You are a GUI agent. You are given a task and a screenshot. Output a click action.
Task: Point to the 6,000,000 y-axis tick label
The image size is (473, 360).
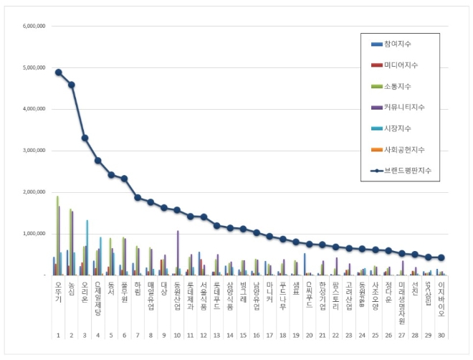coord(34,26)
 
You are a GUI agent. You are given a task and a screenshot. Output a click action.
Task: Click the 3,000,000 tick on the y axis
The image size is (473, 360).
coord(34,151)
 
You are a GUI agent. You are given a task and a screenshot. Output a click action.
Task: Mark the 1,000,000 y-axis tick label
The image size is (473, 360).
coord(34,234)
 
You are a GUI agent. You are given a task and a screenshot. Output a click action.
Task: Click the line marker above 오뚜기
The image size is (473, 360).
coord(58,72)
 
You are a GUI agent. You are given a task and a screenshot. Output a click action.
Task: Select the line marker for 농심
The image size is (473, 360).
coord(72,85)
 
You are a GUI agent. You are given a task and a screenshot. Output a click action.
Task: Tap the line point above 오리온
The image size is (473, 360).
coord(85,138)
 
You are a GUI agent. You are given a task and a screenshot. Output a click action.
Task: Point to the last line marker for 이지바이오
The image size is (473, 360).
coord(442,257)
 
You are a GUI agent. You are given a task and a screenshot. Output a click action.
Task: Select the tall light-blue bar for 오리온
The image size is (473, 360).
coord(87,247)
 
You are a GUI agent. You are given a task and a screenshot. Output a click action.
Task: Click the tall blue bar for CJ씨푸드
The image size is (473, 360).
coord(305,263)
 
